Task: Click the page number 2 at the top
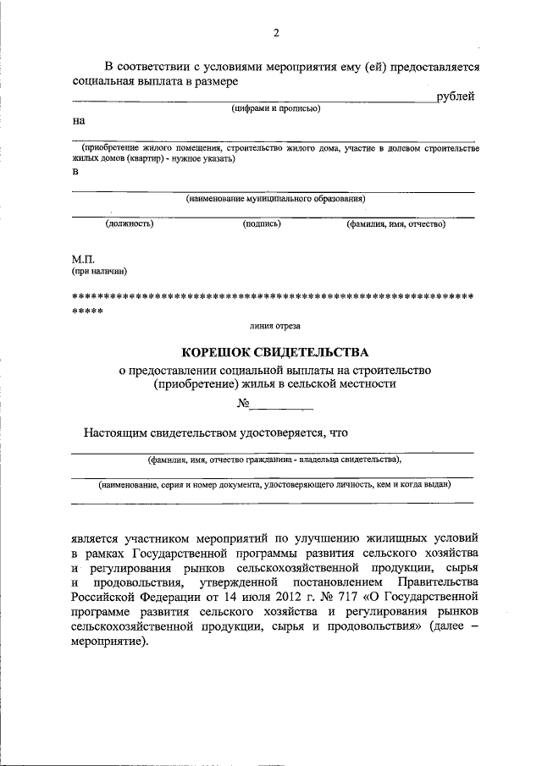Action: (275, 33)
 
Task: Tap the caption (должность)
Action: (129, 224)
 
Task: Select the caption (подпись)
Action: (262, 224)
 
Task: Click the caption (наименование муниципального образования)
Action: (275, 199)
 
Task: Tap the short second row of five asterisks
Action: (87, 311)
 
